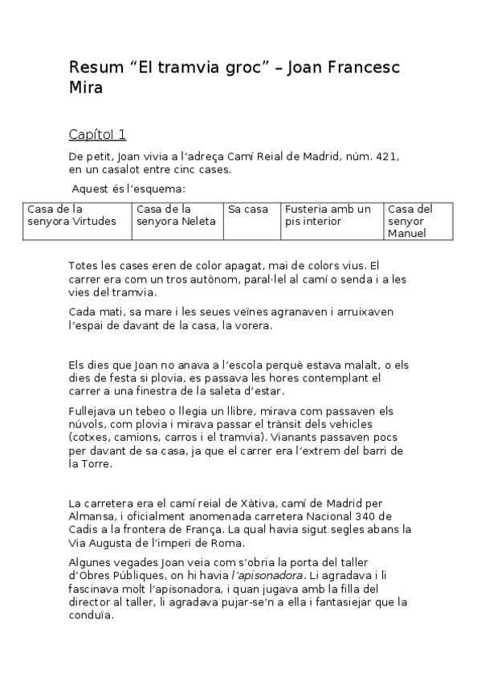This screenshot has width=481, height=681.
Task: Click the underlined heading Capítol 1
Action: tap(97, 134)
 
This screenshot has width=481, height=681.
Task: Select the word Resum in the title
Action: tap(92, 67)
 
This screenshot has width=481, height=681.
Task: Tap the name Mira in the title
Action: tap(86, 88)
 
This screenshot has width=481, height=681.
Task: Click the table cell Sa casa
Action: tap(248, 210)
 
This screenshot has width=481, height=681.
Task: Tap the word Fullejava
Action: tap(96, 410)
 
